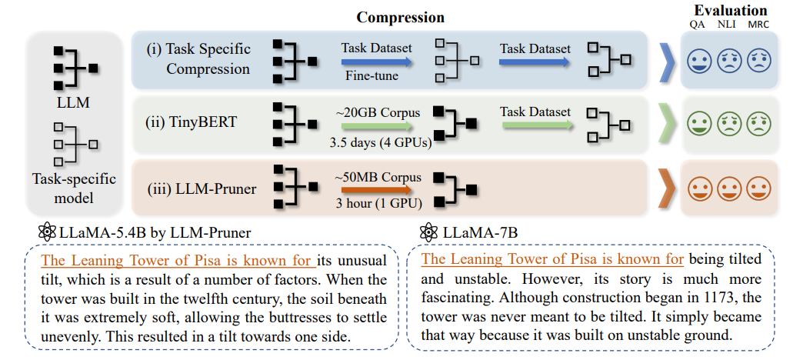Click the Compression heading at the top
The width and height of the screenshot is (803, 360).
(x=401, y=17)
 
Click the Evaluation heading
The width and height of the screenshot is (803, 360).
(x=730, y=11)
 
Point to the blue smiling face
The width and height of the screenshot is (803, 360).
(x=698, y=59)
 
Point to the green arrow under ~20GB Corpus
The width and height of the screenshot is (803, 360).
(x=377, y=125)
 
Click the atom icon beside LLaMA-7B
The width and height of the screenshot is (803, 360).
(x=428, y=232)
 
